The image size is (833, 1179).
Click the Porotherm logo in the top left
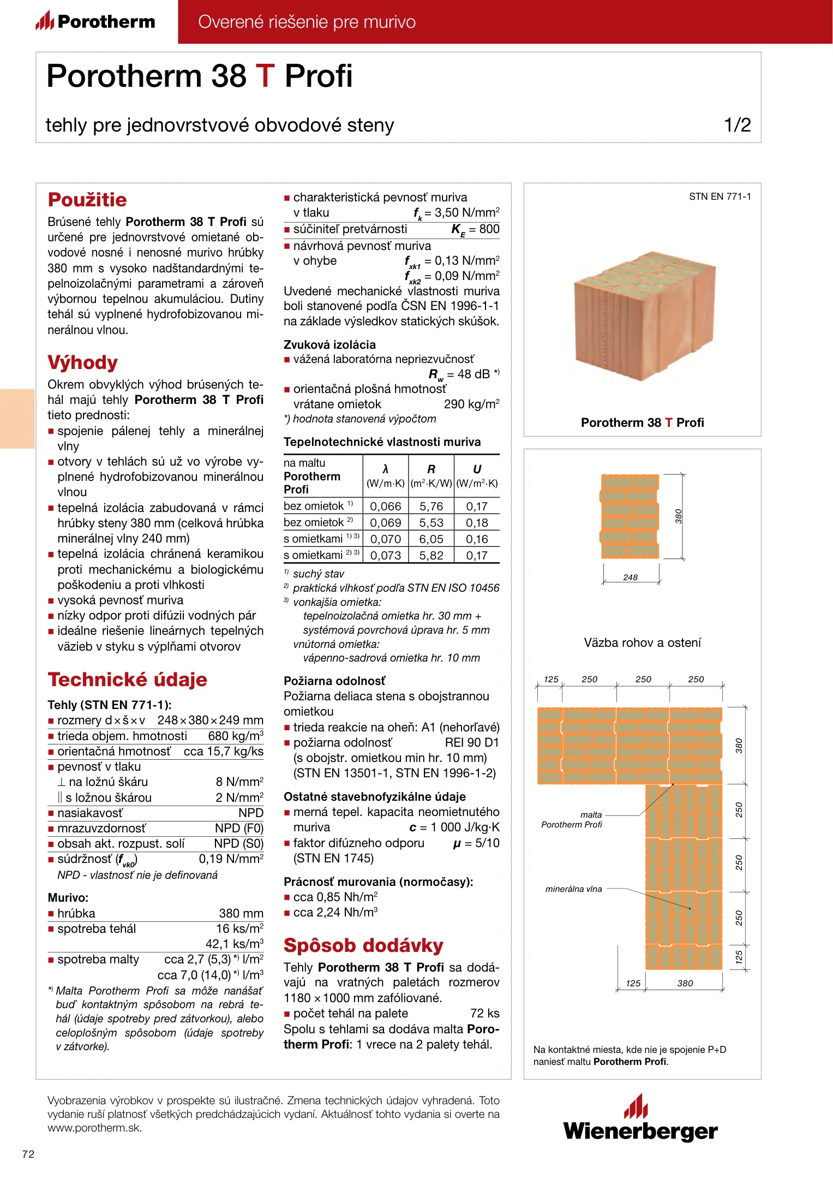click(95, 21)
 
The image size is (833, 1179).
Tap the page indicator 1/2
click(737, 125)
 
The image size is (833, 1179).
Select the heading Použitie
click(87, 200)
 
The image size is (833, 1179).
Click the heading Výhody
click(82, 363)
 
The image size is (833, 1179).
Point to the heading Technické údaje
click(127, 680)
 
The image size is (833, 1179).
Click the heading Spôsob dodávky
click(363, 945)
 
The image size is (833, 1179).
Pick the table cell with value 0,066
click(385, 507)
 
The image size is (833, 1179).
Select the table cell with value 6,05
click(431, 539)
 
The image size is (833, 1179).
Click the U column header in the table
click(477, 469)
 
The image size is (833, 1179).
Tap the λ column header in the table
click(385, 469)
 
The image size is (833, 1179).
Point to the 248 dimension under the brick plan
click(630, 577)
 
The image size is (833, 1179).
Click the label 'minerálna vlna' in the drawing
click(573, 889)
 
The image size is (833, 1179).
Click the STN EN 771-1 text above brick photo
click(720, 196)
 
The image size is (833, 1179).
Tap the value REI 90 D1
click(472, 742)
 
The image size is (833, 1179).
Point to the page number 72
click(28, 1154)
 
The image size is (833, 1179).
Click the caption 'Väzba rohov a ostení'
click(642, 642)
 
